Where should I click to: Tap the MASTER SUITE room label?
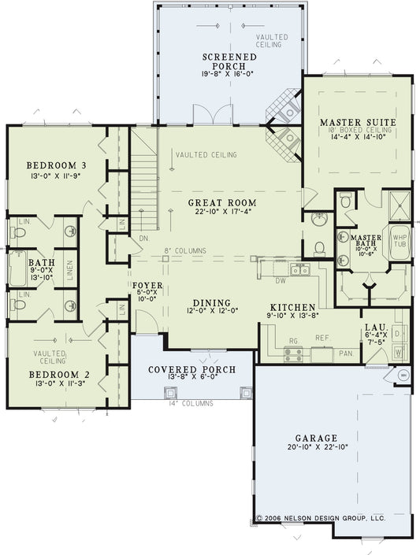358,122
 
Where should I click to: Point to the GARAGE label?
317,438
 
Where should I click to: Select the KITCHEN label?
293,307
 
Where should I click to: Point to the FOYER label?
148,287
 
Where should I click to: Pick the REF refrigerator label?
321,337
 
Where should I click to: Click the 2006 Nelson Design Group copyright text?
321,519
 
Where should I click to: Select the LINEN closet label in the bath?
70,268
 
